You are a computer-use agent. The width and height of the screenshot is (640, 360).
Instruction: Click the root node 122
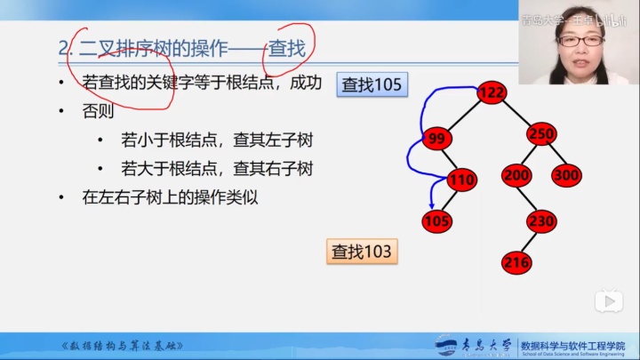coord(492,92)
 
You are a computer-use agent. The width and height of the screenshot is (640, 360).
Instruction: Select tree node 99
coord(436,139)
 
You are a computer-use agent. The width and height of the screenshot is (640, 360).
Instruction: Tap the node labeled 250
coord(540,134)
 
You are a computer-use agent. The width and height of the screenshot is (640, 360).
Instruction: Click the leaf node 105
coord(436,220)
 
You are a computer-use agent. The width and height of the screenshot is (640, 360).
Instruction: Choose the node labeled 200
coord(516,175)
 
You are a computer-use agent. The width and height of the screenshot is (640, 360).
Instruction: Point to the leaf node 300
coord(566,175)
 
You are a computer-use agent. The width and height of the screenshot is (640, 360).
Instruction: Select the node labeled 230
coord(540,221)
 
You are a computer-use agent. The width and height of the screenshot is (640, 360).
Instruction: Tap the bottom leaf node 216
coord(516,261)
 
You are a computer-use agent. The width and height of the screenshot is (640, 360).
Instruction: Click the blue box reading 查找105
coord(372,85)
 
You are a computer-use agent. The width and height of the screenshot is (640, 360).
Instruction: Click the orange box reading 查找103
coord(361,252)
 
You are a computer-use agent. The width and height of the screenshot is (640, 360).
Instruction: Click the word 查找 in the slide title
coord(287,48)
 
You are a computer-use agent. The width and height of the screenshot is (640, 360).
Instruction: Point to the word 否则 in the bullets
coord(98,112)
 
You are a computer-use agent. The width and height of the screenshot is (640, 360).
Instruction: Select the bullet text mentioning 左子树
coord(218,140)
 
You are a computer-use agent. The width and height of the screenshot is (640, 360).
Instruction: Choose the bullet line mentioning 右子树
coord(218,168)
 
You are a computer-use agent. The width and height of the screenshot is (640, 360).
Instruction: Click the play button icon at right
coord(608,300)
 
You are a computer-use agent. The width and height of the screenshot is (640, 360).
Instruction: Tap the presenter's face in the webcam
coord(579,40)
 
